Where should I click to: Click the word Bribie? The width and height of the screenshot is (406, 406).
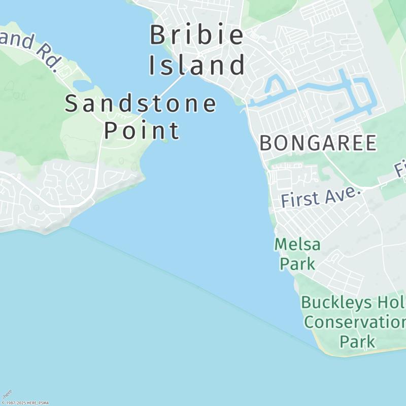click(x=197, y=36)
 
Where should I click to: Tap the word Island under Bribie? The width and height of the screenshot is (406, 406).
click(x=197, y=65)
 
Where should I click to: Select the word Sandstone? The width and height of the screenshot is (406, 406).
click(x=141, y=104)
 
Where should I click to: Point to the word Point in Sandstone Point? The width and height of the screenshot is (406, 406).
click(x=142, y=130)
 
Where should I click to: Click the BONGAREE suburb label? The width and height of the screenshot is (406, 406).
click(x=318, y=143)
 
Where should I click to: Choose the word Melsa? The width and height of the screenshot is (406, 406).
click(x=297, y=245)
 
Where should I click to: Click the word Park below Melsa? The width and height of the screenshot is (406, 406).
click(x=297, y=263)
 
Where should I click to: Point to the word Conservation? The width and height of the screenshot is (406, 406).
click(x=354, y=322)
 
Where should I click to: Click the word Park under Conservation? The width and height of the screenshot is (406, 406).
click(x=357, y=341)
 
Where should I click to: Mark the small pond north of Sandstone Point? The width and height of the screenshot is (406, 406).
click(x=82, y=84)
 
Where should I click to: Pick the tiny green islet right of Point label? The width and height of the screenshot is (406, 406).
click(x=165, y=141)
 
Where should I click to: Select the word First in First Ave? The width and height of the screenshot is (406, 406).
click(x=300, y=199)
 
